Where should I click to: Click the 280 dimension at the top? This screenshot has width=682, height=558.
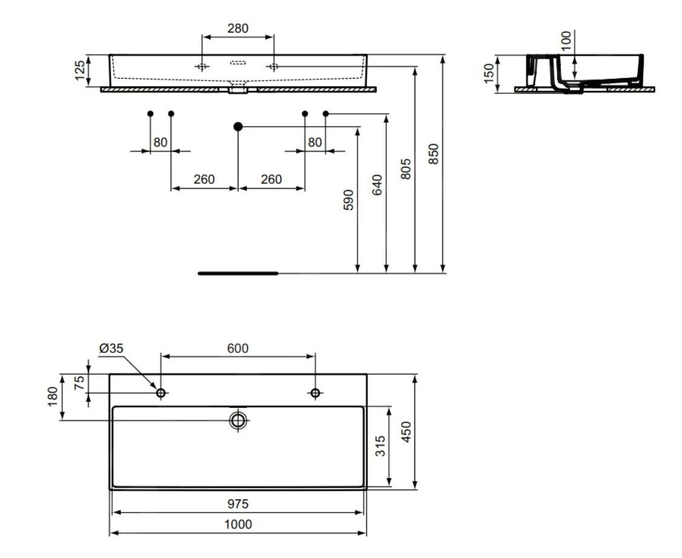pos(238,28)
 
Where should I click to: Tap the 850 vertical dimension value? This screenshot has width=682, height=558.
pos(433,154)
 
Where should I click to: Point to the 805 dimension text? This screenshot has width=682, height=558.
pos(406,169)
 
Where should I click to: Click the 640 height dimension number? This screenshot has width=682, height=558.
pos(377,185)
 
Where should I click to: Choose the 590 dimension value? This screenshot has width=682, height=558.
pos(349,199)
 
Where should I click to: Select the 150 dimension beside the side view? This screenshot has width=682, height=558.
pos(489,73)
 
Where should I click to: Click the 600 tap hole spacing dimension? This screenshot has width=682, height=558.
pos(238,349)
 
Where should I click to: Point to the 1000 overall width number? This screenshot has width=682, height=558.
pos(238,524)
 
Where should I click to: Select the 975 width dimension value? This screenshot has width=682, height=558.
pos(238,504)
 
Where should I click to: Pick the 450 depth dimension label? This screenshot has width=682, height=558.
pos(406,432)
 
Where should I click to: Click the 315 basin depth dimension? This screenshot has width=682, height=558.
pos(379,447)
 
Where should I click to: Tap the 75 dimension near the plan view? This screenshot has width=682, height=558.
pos(79,384)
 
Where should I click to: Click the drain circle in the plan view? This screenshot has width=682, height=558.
pos(238,420)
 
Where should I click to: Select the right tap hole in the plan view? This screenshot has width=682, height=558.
pos(315,393)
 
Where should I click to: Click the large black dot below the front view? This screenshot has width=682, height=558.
pos(238,126)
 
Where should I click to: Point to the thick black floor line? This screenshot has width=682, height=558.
pos(238,274)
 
